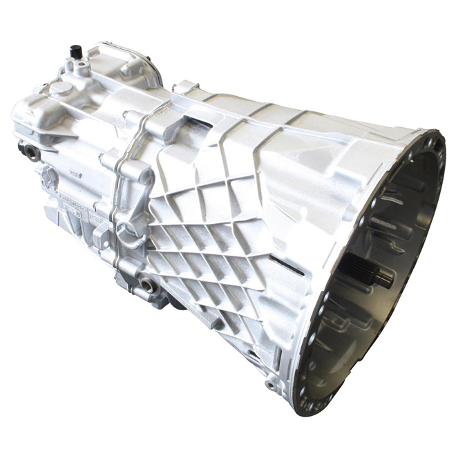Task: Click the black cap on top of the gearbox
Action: [76, 52]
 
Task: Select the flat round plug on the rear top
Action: [61, 88]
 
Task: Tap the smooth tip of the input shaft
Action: [384, 278]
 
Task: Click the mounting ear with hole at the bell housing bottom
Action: [272, 383]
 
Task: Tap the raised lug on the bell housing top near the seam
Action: [185, 88]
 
